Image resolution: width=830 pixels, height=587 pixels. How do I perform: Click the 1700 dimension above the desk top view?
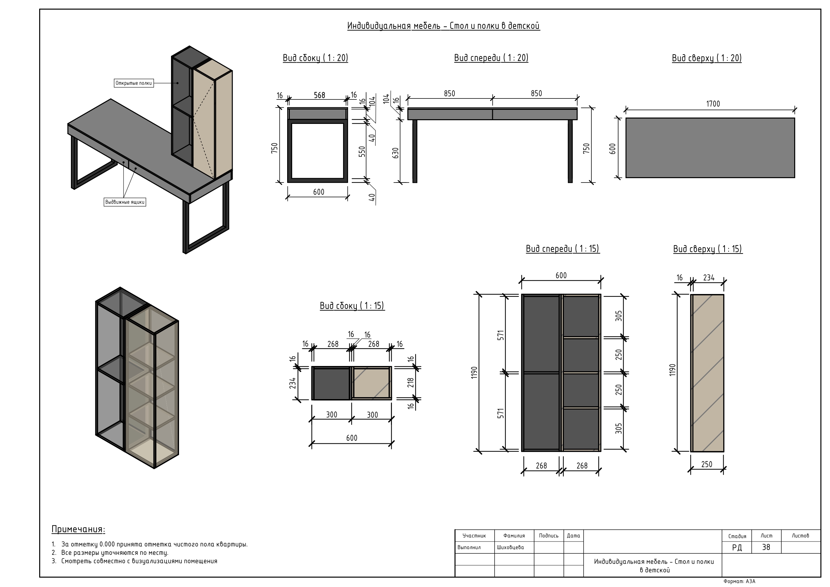point(713,104)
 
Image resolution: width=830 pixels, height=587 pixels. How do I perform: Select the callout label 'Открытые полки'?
point(134,83)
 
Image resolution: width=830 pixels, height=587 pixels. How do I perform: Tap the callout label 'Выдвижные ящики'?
point(125,202)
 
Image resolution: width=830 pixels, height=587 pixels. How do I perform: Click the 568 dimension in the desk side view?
point(319,95)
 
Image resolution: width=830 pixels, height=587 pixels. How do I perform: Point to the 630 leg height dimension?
point(396,153)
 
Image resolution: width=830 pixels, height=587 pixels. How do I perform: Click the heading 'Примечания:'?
point(78,529)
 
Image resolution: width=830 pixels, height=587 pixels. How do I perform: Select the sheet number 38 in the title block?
point(766,547)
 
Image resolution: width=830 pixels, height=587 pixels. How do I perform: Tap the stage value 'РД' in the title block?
point(737,547)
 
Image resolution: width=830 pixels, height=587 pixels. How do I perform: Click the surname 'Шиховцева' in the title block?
point(510,547)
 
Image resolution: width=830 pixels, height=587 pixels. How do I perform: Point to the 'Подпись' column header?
point(549,536)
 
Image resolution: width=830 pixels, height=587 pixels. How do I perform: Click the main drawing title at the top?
point(443,26)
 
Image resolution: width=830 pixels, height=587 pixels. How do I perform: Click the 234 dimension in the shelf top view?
point(709,278)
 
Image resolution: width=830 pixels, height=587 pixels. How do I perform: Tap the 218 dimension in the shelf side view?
point(411,383)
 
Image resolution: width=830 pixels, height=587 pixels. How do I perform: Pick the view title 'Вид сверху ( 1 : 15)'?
point(708,249)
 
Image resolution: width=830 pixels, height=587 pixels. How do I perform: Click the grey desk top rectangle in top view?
point(710,148)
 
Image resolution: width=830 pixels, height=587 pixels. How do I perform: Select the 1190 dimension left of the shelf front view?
point(474,373)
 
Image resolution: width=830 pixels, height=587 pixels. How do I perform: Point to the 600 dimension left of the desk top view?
point(612,149)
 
